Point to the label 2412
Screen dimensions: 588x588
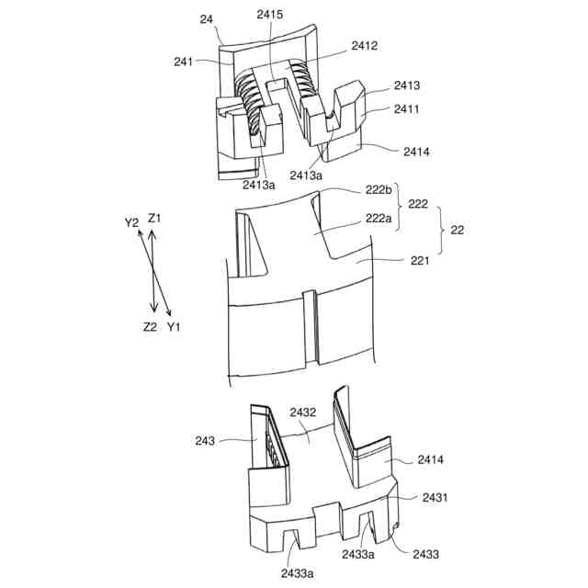click(364, 45)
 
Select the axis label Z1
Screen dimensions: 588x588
click(154, 219)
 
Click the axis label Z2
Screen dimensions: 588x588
click(150, 327)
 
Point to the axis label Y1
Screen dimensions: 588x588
click(174, 327)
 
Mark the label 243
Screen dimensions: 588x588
click(205, 441)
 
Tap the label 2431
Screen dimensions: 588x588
click(435, 496)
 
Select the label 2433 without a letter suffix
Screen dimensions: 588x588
click(425, 554)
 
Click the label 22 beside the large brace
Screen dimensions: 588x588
click(457, 231)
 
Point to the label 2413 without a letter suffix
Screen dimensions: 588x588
click(407, 85)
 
